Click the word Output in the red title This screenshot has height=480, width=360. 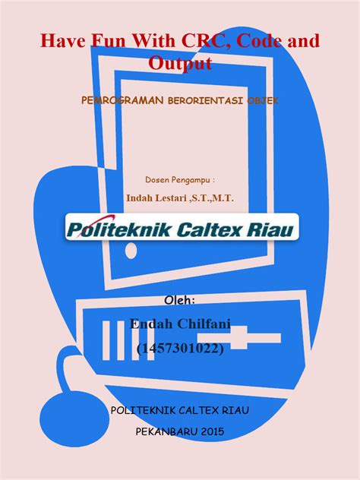[x=180, y=63]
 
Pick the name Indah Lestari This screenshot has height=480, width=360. [x=156, y=197]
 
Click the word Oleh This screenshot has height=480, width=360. [x=180, y=300]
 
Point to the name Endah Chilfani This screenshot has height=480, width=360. [x=180, y=324]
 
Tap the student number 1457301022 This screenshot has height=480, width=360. [x=180, y=348]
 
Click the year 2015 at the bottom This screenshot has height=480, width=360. [x=213, y=431]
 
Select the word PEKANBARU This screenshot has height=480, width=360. [x=167, y=431]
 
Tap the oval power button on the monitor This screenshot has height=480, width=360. [x=131, y=251]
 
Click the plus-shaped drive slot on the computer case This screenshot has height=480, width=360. [x=239, y=338]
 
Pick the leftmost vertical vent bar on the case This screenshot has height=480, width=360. [x=106, y=340]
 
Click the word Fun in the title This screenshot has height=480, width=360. [x=108, y=41]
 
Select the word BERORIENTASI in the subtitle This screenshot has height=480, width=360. [x=205, y=101]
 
